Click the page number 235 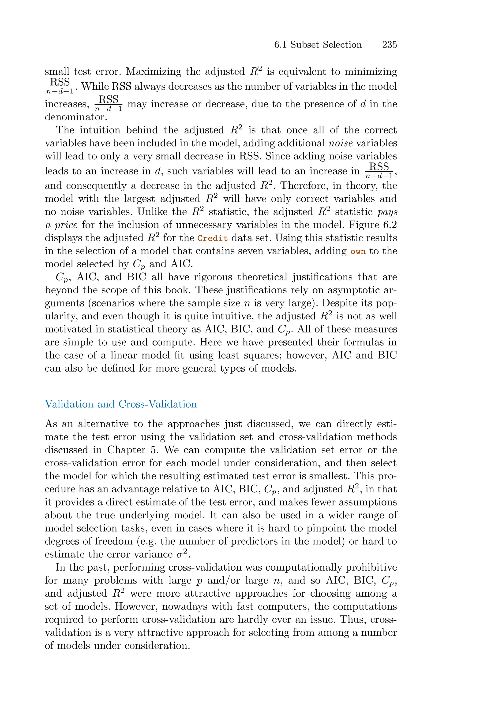click(x=389, y=45)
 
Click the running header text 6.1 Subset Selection click(x=318, y=45)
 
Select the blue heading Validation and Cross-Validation click(x=121, y=404)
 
